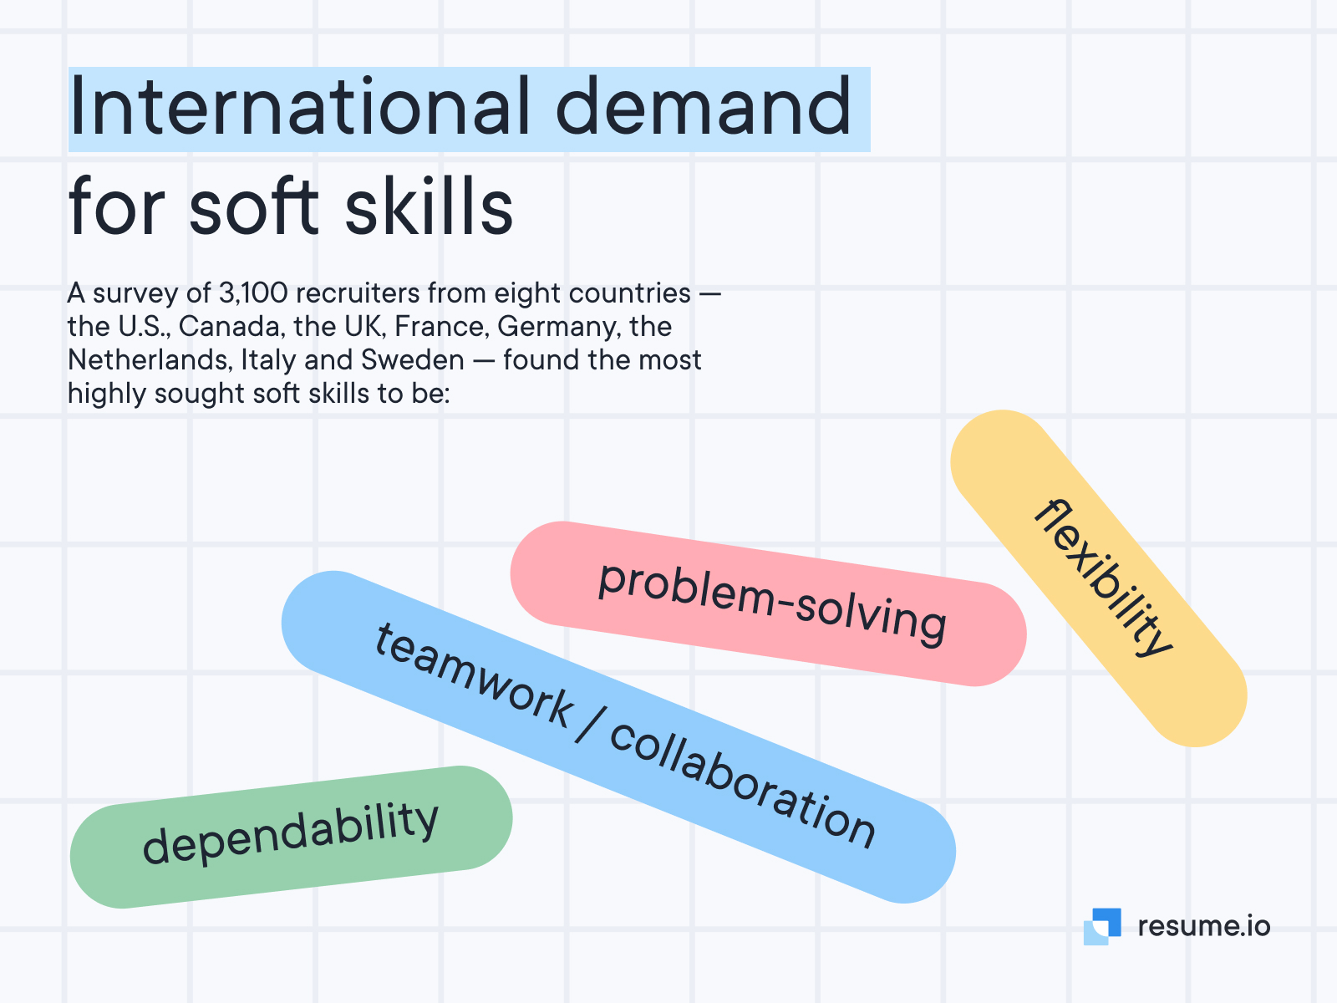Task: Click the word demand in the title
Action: tap(703, 107)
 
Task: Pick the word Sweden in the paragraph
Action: tap(412, 360)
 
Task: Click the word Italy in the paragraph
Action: tap(268, 360)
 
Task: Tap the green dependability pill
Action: tap(291, 837)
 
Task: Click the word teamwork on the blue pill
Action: tap(473, 675)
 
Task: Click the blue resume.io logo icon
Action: tap(1102, 926)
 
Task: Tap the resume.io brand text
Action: tap(1203, 926)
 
